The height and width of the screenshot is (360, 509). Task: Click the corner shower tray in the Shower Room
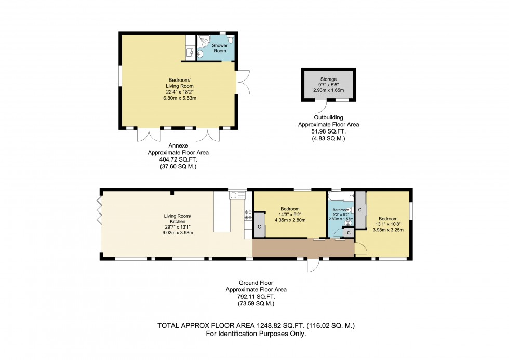click(203, 41)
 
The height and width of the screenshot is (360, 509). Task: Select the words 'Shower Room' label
click(220, 48)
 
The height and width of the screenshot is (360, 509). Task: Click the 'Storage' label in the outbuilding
click(328, 79)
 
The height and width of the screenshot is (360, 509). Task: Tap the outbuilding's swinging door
click(320, 106)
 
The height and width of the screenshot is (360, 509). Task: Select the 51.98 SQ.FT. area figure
click(328, 132)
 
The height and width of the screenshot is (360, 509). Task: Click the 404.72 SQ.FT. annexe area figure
click(179, 160)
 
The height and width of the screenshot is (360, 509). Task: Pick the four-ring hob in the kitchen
click(248, 214)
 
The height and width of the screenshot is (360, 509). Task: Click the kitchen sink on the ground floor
click(237, 195)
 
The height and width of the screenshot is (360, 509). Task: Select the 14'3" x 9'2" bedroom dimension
click(290, 215)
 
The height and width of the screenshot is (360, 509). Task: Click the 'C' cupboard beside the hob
click(259, 226)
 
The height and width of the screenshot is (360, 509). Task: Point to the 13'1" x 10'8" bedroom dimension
click(388, 224)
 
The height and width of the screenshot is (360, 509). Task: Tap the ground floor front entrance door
click(313, 265)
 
